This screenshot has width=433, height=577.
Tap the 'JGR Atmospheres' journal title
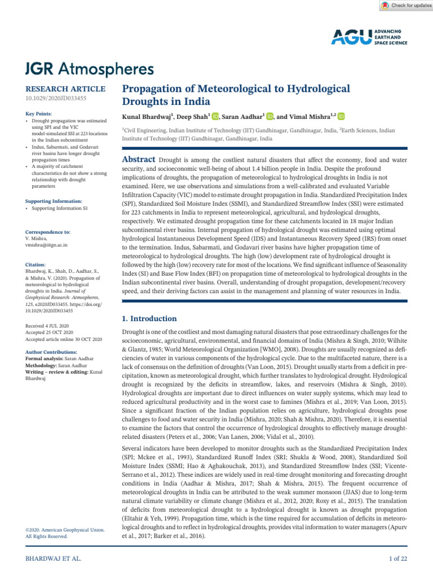click(x=90, y=69)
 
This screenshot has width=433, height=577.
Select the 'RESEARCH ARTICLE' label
click(x=65, y=89)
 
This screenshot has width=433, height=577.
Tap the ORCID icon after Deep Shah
click(x=216, y=116)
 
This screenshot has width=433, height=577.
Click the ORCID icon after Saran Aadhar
click(x=270, y=116)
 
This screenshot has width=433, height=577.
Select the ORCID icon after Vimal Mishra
click(x=341, y=116)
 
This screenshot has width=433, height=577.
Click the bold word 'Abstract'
click(x=140, y=159)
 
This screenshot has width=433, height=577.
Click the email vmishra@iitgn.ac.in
click(x=47, y=246)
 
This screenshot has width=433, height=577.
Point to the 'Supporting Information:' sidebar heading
click(x=54, y=201)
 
